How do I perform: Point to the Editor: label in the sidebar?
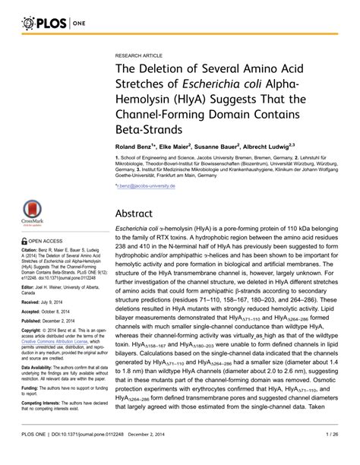pyautogui.click(x=29, y=289)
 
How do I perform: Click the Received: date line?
pyautogui.click(x=50, y=302)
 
